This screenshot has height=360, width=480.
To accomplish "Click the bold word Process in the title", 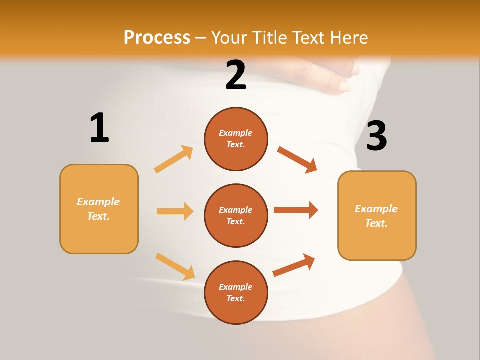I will click(x=157, y=37).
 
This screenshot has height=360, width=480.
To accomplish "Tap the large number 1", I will click(x=99, y=128).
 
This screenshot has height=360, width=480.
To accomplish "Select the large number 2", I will click(x=236, y=75).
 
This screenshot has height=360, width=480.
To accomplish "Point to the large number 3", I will click(x=376, y=136).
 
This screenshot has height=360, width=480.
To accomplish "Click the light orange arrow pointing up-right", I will click(x=174, y=159).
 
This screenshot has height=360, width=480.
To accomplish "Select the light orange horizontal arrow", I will click(x=175, y=211).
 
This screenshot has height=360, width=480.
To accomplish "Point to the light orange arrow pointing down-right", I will click(x=175, y=266).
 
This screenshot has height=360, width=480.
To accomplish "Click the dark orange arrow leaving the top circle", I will click(x=297, y=160).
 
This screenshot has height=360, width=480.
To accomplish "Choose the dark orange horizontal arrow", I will click(x=296, y=210).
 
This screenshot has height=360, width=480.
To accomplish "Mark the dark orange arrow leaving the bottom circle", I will click(x=294, y=265).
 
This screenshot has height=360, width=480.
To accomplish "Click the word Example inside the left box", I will click(x=98, y=202).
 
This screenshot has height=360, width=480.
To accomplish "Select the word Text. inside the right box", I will click(x=376, y=223).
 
